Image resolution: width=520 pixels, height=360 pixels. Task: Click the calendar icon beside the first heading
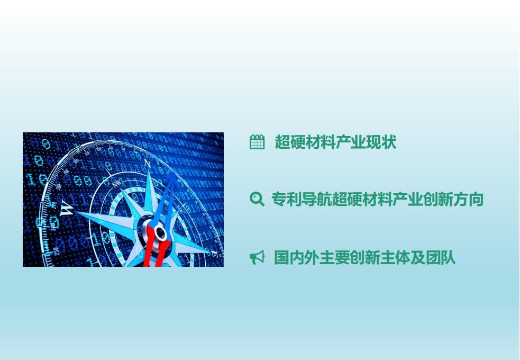point(257,142)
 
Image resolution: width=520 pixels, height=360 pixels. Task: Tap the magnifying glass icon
point(257,199)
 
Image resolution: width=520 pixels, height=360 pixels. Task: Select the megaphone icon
point(257,257)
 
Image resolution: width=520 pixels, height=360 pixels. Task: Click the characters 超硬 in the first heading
point(290,142)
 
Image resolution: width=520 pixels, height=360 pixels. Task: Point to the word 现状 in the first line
point(381,142)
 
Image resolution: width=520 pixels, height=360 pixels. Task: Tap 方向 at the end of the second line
point(468,199)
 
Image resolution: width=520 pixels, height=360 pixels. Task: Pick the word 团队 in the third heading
point(441,257)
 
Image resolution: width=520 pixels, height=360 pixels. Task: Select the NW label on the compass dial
point(117,184)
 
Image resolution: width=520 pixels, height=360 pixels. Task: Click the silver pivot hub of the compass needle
point(159,231)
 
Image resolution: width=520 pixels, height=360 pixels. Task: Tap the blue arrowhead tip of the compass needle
point(173,176)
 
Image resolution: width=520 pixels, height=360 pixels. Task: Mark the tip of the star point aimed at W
point(75,213)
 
